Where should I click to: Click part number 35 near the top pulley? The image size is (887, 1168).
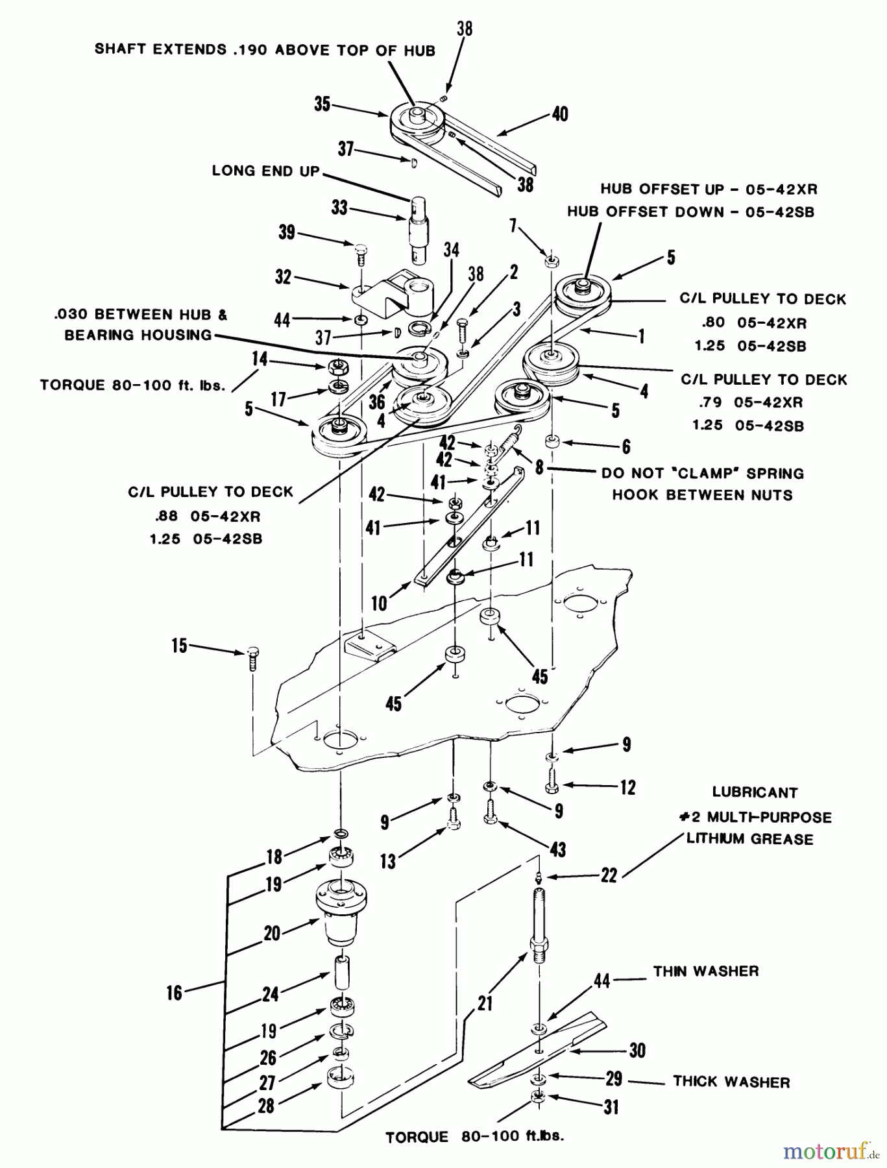click(322, 104)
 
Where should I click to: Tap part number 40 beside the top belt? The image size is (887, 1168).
click(559, 114)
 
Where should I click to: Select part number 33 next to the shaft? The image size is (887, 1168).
click(339, 208)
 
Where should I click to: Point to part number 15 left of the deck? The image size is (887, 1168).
click(179, 646)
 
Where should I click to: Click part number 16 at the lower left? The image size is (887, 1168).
click(175, 993)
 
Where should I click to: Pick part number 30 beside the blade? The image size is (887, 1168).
click(637, 1050)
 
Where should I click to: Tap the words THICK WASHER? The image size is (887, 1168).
click(731, 1082)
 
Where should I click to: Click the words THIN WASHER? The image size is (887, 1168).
click(706, 971)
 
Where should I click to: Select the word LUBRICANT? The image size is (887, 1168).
click(755, 792)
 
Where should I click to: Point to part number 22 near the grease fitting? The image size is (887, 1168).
click(609, 875)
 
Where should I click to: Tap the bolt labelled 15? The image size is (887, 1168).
click(252, 659)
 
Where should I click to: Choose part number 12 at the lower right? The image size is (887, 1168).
click(628, 788)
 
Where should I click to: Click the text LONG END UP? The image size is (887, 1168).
click(265, 171)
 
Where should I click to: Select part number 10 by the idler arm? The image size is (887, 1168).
click(379, 603)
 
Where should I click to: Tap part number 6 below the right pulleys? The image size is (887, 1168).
click(626, 446)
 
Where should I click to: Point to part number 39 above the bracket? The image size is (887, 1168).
click(287, 232)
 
